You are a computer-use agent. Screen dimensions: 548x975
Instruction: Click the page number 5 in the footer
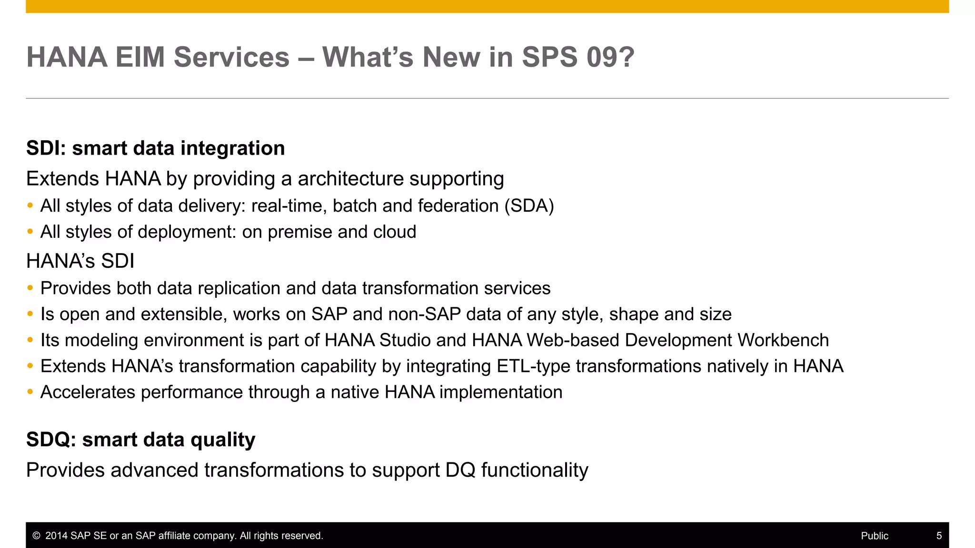click(x=939, y=536)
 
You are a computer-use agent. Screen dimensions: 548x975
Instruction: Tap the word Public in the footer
click(x=875, y=536)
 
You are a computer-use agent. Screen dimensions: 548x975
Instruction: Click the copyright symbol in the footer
click(x=36, y=536)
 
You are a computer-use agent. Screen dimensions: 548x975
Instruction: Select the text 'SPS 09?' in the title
click(x=578, y=57)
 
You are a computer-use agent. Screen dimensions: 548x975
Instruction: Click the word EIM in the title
click(x=140, y=57)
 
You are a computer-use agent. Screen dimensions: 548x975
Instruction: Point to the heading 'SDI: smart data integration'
click(x=155, y=148)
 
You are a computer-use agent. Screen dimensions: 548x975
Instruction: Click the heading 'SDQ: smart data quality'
click(x=140, y=439)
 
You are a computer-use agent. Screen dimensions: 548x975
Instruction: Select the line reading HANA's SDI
click(x=80, y=261)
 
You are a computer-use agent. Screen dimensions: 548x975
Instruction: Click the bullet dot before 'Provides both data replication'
click(x=30, y=288)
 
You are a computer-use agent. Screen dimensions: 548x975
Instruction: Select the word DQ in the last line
click(x=460, y=470)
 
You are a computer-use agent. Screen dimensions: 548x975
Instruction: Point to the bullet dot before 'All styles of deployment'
click(x=30, y=232)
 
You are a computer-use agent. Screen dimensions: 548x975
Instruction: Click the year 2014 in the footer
click(x=56, y=536)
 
